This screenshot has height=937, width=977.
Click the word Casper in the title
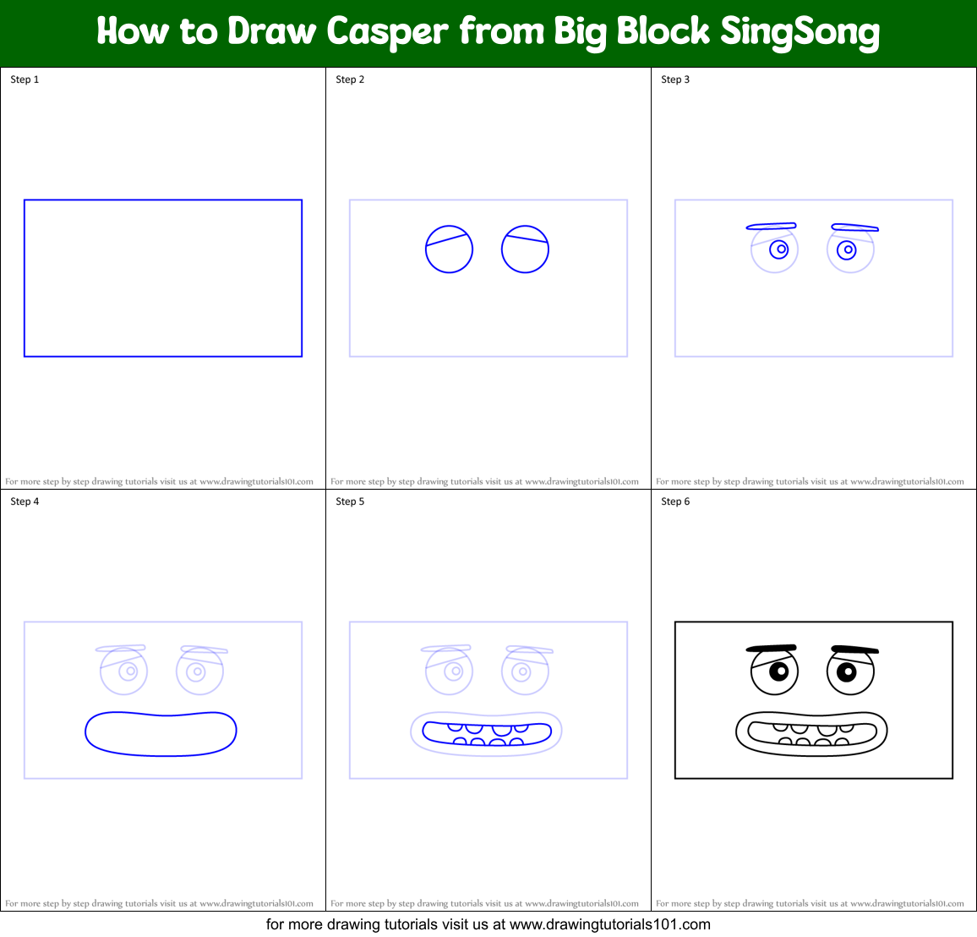point(386,32)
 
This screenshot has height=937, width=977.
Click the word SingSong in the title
point(800,32)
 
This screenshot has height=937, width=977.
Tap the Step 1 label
point(25,79)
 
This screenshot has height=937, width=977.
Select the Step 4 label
point(25,501)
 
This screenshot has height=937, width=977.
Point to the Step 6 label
point(675,501)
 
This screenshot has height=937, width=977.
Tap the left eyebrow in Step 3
point(771,226)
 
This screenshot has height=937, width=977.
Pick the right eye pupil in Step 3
point(847,249)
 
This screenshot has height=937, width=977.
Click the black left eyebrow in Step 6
point(772,649)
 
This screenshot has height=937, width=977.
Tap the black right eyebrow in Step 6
point(854,650)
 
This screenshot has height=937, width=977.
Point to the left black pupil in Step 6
point(779,671)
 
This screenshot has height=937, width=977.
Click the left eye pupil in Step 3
point(779,249)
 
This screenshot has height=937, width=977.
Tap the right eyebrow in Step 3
point(854,227)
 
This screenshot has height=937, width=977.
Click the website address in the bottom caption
point(609,924)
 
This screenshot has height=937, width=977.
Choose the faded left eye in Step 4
point(123,671)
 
